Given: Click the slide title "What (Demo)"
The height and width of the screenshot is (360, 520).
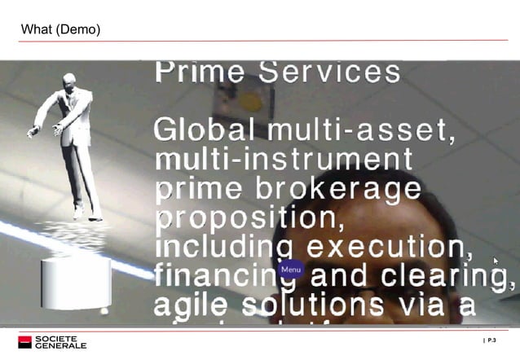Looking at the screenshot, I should (60, 30).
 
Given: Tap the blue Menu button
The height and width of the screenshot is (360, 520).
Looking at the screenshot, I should (291, 270).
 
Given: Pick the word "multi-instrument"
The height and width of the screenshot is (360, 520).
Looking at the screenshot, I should (284, 159).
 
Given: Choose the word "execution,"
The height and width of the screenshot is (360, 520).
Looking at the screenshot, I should (390, 248).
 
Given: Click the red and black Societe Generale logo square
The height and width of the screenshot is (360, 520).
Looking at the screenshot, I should (24, 342).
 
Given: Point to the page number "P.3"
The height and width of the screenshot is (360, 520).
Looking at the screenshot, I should (491, 340).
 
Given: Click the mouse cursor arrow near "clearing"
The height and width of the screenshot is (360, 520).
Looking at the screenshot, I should (496, 261).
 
